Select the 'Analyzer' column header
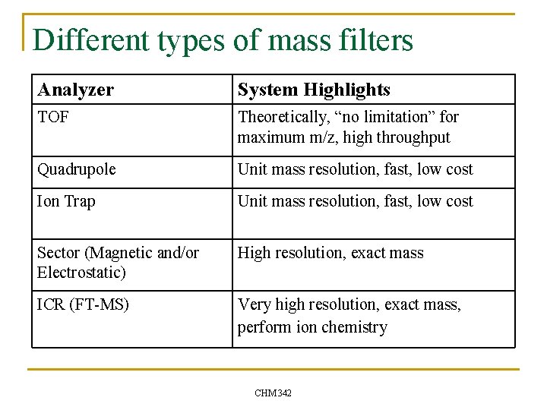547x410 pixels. click(x=76, y=90)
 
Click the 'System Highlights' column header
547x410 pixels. click(x=314, y=90)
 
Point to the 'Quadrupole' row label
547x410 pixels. click(x=77, y=169)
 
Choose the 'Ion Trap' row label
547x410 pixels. click(x=65, y=201)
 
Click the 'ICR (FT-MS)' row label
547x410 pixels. click(x=83, y=304)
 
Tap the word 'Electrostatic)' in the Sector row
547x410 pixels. click(x=81, y=273)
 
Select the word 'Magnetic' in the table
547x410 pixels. click(x=127, y=253)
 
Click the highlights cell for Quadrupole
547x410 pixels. click(x=355, y=169)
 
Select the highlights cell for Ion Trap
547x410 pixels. click(x=355, y=201)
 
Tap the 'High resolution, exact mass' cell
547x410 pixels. click(x=330, y=253)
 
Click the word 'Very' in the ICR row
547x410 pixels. click(x=254, y=304)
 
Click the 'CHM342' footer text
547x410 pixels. click(x=273, y=393)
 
